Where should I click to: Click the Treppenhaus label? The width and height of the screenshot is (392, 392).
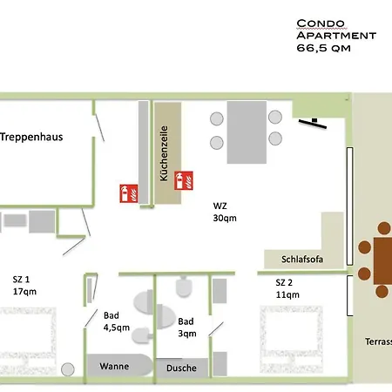click(x=31, y=137)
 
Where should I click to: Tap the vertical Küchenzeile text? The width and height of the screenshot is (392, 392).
click(x=164, y=153)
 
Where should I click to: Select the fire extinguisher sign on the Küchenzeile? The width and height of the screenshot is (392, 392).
click(x=184, y=180)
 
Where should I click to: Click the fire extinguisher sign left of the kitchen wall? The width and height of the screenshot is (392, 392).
click(x=129, y=193)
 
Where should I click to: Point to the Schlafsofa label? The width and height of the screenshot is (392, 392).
click(x=302, y=259)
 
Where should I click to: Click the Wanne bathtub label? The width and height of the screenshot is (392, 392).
click(x=114, y=366)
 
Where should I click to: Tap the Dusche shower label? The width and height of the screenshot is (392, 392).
click(x=181, y=368)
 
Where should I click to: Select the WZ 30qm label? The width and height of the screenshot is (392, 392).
click(x=225, y=212)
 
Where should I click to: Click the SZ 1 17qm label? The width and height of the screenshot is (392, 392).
click(x=24, y=286)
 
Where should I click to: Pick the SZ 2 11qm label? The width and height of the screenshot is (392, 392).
click(x=287, y=288)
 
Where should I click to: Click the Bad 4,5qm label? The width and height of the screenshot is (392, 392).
click(x=117, y=321)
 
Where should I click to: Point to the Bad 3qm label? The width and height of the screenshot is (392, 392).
click(x=187, y=328)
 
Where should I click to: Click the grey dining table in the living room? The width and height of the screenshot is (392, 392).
click(x=247, y=132)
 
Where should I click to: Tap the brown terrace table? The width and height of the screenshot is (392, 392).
click(x=383, y=260)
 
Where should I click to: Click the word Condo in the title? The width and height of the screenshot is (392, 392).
click(x=321, y=24)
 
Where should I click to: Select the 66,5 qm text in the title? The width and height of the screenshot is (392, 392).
click(x=323, y=48)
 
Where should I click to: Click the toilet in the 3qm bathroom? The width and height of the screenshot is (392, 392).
click(x=184, y=287)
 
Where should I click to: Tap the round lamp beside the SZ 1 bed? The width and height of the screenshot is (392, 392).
click(x=68, y=369)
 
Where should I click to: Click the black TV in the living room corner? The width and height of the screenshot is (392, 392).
click(x=313, y=123)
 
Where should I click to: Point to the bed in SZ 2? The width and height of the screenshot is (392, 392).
click(x=291, y=339)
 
